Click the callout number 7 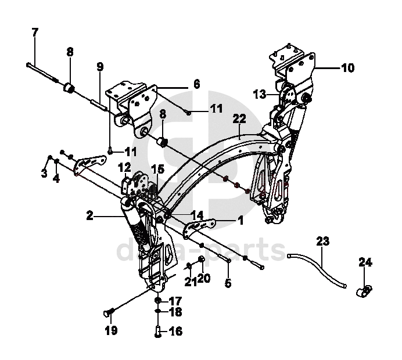click(35, 32)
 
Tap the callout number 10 click(347, 68)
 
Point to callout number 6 click(196, 84)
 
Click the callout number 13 click(260, 93)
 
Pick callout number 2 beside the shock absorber click(89, 216)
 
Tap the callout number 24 click(364, 263)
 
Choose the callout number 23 click(322, 240)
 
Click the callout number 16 click(175, 332)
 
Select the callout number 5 click(228, 283)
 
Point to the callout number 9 click(100, 67)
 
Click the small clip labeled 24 click(363, 288)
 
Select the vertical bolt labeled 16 click(158, 332)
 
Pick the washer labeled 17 click(158, 301)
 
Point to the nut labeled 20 click(200, 259)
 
